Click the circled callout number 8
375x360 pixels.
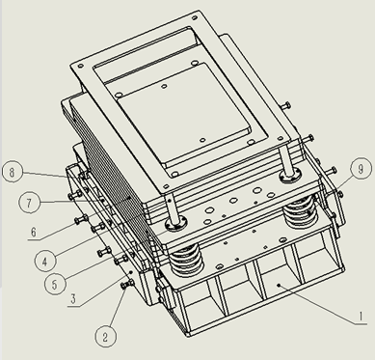13,173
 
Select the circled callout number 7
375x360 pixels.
29,204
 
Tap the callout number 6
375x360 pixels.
34,232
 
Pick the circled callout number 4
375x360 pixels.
45,261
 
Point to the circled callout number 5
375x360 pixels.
55,284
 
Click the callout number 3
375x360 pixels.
73,298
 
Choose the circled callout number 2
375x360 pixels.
105,337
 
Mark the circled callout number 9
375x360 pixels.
361,169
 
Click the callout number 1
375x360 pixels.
361,317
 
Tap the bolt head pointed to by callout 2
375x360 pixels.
127,285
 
